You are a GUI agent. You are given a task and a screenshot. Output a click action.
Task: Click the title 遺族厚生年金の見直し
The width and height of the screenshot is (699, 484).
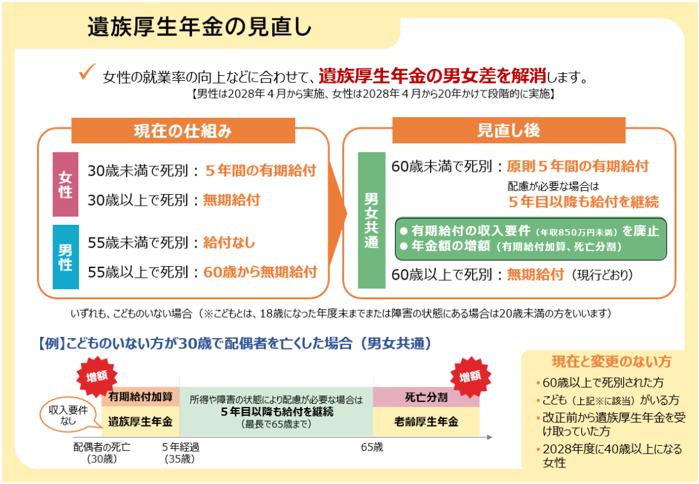(199, 27)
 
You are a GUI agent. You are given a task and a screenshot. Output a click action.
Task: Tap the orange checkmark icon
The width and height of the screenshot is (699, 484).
(87, 72)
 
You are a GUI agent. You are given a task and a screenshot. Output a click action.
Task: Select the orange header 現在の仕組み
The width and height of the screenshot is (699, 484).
(184, 131)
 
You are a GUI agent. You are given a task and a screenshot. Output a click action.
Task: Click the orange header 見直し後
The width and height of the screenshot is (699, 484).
(508, 130)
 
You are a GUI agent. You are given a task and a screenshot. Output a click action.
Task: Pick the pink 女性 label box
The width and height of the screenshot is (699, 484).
(66, 184)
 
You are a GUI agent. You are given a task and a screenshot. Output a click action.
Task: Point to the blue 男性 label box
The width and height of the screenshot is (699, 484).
(66, 257)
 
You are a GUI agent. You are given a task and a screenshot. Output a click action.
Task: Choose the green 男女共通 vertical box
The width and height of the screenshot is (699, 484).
(371, 220)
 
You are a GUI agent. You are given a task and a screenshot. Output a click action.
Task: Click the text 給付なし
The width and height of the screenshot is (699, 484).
(229, 243)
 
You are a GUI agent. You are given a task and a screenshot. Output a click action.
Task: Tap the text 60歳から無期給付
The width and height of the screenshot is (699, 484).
(261, 272)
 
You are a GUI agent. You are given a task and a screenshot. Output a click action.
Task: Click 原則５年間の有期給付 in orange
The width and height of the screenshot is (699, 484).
(578, 166)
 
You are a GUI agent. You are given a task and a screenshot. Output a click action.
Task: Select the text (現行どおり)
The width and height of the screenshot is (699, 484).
(602, 274)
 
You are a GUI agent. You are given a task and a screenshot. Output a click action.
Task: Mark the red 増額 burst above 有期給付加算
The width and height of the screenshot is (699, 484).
(97, 376)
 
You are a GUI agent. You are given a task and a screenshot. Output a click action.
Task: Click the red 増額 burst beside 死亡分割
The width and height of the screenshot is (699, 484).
(470, 376)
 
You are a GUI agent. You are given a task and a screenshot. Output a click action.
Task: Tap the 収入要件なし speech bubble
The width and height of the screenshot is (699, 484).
(68, 415)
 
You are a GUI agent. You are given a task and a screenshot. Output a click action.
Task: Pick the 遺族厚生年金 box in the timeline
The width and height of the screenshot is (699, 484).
(140, 421)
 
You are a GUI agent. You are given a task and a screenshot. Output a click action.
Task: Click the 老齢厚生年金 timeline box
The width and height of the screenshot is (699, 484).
(426, 421)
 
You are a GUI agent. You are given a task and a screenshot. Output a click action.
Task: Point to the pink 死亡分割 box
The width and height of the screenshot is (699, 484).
(426, 397)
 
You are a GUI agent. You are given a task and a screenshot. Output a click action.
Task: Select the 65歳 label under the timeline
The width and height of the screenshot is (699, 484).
(372, 447)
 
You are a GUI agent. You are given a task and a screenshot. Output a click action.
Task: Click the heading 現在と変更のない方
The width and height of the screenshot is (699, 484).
(611, 362)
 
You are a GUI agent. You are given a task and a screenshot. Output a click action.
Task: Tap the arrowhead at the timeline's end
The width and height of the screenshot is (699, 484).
(489, 438)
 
